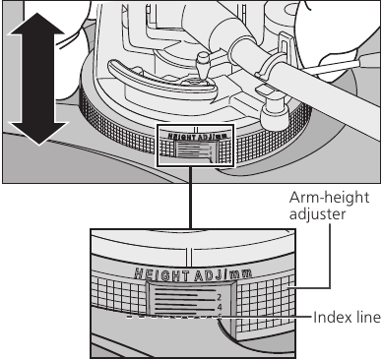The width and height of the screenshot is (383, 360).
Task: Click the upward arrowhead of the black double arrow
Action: coord(36,24)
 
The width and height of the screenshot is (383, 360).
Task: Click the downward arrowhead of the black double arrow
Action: coord(38,133)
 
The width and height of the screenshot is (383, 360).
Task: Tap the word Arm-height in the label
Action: coord(329,199)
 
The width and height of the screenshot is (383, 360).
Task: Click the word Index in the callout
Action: coord(328,318)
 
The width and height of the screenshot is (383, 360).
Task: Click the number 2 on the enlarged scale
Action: coord(219,298)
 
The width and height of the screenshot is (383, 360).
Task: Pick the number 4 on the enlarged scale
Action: coord(220,307)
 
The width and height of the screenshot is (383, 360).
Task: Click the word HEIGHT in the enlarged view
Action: coord(162,274)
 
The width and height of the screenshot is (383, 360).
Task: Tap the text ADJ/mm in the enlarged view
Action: coord(223,274)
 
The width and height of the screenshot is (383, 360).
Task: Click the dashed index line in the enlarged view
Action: coord(170,317)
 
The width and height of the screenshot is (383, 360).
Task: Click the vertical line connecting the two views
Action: coord(190,198)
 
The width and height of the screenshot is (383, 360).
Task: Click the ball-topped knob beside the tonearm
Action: coord(204,66)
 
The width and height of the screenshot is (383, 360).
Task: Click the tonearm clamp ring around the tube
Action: coord(268,67)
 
